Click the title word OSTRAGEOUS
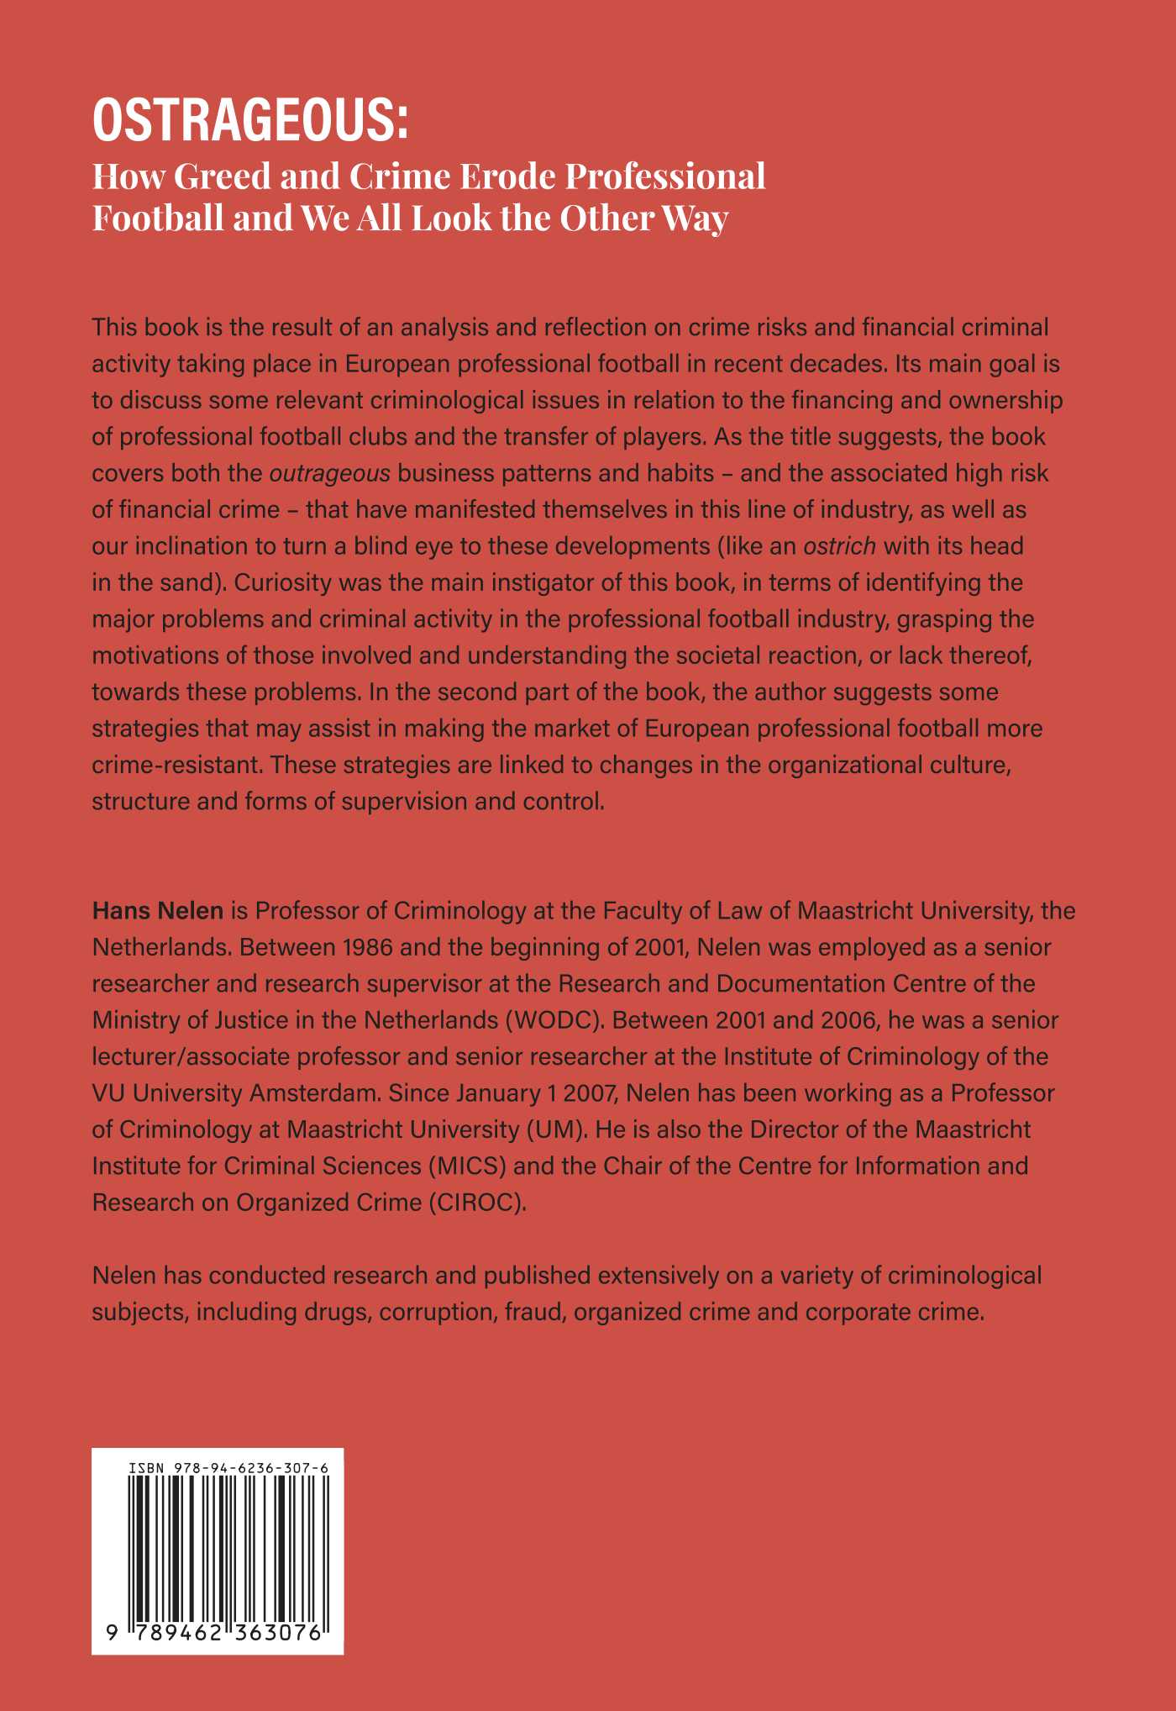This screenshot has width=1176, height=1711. pos(249,121)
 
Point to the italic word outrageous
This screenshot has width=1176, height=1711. pos(329,473)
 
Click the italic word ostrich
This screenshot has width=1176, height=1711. pos(840,546)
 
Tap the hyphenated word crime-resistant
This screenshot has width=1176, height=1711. pos(178,765)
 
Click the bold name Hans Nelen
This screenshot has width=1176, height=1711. pos(158,910)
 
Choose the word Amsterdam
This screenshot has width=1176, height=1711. pos(323,1093)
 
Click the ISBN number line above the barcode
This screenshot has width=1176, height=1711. pos(228,1468)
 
